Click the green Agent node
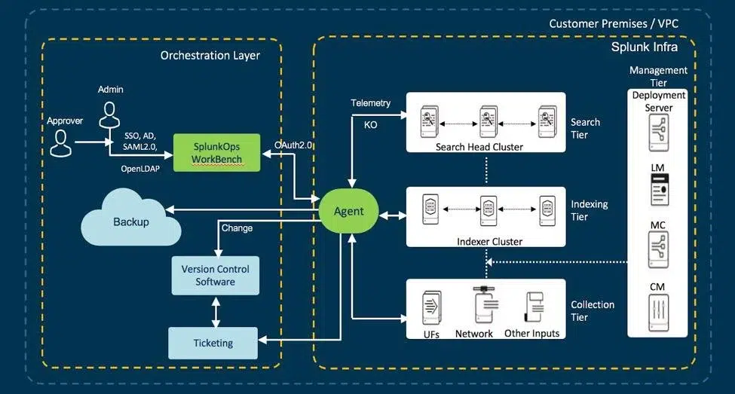click(x=348, y=212)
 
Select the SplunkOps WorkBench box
click(x=216, y=152)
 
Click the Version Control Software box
click(x=215, y=276)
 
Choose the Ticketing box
click(x=213, y=343)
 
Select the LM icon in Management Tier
click(x=658, y=189)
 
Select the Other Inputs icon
click(x=532, y=307)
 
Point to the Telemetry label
click(x=371, y=102)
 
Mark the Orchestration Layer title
click(x=210, y=56)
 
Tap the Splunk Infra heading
click(x=644, y=47)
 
